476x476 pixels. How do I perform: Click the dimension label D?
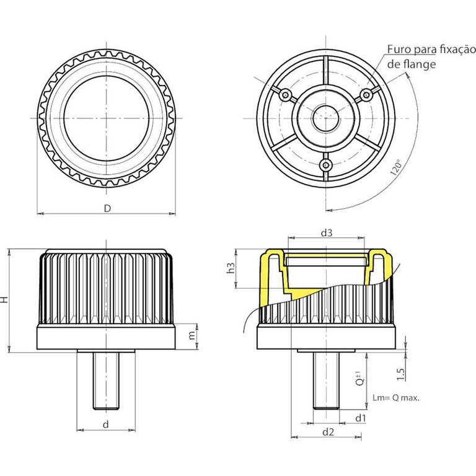[107, 208]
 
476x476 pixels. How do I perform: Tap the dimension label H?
[6, 299]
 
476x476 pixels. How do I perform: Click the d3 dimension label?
[327, 233]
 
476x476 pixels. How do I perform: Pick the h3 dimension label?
[229, 268]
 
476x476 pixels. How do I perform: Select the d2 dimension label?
[329, 431]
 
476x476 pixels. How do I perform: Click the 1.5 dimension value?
[401, 373]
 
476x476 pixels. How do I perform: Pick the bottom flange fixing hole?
[326, 164]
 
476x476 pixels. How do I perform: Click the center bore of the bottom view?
[326, 117]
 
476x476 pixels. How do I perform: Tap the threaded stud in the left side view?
[106, 380]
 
